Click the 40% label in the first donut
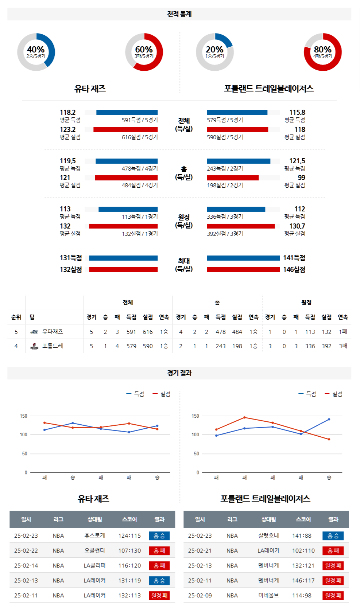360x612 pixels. [x=36, y=50]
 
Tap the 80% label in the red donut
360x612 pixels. [x=322, y=50]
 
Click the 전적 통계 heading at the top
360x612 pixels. [x=179, y=14]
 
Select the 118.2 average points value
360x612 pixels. [x=67, y=112]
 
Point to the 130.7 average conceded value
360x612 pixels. [x=297, y=226]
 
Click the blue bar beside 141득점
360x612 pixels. [x=243, y=258]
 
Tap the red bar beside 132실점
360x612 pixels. [x=123, y=270]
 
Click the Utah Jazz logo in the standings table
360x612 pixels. [x=34, y=332]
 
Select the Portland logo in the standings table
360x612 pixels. [x=34, y=346]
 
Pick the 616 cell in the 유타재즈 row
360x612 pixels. [x=148, y=332]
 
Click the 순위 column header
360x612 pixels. [x=16, y=317]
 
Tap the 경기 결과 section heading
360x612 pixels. [x=179, y=373]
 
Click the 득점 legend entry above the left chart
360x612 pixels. [x=135, y=394]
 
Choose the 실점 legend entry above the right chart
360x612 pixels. [x=333, y=394]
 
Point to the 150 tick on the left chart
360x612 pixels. [x=23, y=416]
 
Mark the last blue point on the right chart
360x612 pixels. [x=329, y=419]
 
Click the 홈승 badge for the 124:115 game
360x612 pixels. [x=159, y=536]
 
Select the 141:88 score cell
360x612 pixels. [x=302, y=536]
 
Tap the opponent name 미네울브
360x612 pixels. [x=268, y=595]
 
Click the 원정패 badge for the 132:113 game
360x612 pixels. [x=159, y=595]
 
